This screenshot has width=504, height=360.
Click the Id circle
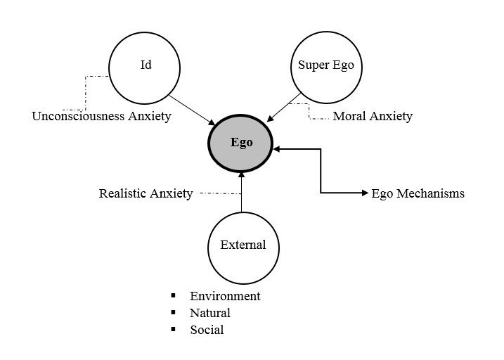146,67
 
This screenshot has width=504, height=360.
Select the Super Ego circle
325,67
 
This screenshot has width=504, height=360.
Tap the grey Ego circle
241,142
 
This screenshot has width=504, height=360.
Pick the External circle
243,245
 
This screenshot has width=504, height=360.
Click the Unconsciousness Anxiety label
101,116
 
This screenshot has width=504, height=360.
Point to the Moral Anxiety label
372,116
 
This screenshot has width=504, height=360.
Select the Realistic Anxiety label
146,193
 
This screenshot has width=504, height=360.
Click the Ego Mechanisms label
418,193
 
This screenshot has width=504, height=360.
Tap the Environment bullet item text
225,296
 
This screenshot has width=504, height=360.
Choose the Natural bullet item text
209,313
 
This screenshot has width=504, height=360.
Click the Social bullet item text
207,330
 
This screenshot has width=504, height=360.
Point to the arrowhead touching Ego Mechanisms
363,193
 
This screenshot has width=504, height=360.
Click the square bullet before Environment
172,296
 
